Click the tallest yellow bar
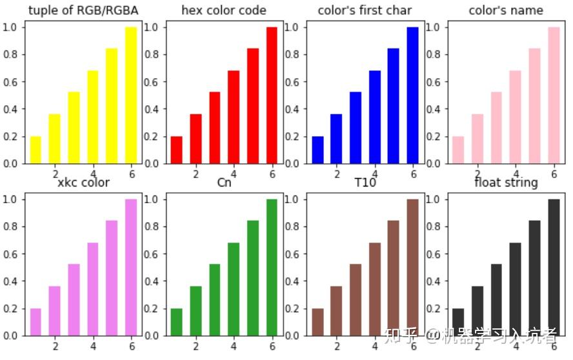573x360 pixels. [x=131, y=95]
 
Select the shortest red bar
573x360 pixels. [x=176, y=150]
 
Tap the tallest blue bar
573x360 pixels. [x=412, y=95]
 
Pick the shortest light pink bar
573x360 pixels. [x=457, y=150]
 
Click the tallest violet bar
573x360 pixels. [x=131, y=267]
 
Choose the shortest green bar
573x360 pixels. [x=176, y=322]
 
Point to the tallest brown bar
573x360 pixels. [x=412, y=267]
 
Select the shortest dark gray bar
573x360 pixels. [x=457, y=322]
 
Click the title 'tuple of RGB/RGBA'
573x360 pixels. [x=83, y=10]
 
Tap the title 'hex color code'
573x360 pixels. [x=224, y=10]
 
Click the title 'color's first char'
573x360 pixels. [x=365, y=10]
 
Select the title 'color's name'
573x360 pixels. [x=505, y=10]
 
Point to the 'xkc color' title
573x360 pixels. [x=83, y=183]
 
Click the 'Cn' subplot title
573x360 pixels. [x=224, y=183]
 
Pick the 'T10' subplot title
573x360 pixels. [x=365, y=183]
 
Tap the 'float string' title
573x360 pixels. [x=505, y=183]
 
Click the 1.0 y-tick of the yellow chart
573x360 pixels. [x=12, y=27]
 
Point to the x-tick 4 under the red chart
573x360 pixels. [x=234, y=174]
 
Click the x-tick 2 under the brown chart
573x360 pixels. [x=336, y=346]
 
